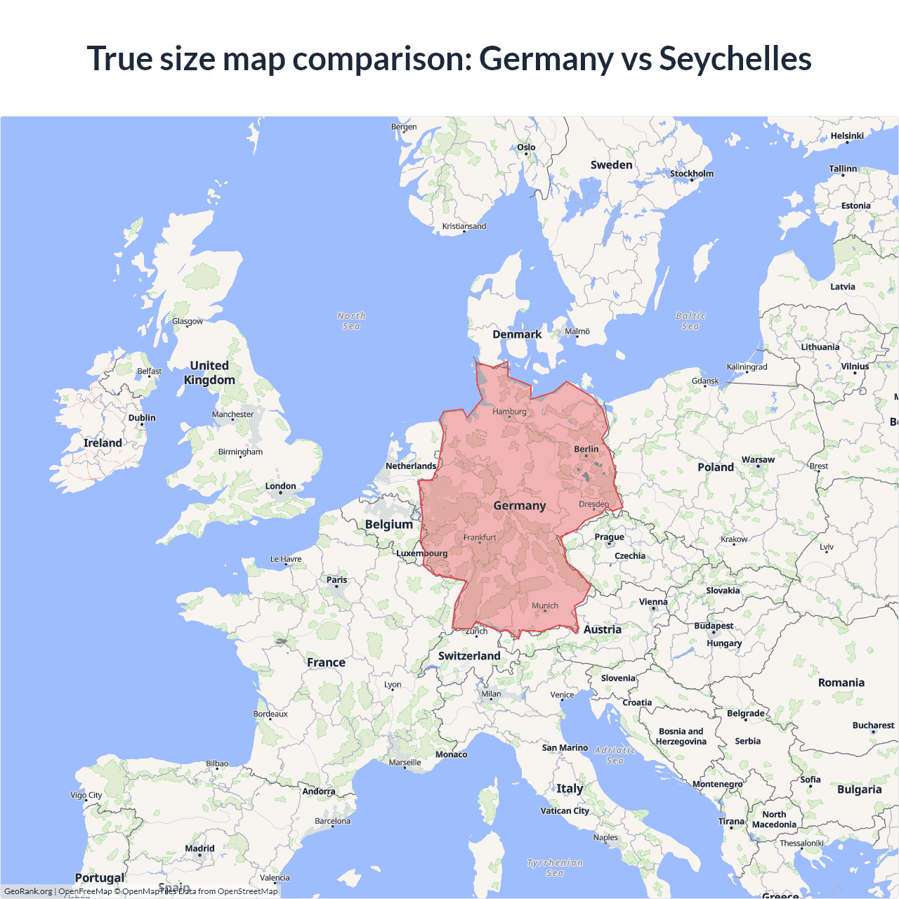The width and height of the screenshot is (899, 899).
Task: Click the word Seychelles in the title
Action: click(x=735, y=58)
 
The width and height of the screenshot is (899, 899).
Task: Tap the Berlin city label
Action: click(x=586, y=449)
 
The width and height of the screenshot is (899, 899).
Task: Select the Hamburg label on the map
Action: click(x=509, y=412)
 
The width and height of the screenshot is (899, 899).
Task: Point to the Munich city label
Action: click(x=545, y=605)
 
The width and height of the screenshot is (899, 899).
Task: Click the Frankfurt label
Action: click(x=480, y=537)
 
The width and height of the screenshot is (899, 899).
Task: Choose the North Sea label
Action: click(x=351, y=321)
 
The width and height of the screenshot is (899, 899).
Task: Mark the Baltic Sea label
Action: click(x=690, y=321)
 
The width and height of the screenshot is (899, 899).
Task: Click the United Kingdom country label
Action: click(x=209, y=373)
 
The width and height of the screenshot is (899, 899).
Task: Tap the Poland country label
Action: click(x=716, y=467)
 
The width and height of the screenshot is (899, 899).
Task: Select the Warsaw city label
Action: click(x=759, y=460)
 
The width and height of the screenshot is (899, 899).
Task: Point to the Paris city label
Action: click(x=337, y=580)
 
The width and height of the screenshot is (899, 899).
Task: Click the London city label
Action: click(x=280, y=486)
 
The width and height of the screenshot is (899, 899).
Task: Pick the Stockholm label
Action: click(x=692, y=173)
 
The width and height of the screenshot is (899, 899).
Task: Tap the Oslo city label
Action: click(x=526, y=147)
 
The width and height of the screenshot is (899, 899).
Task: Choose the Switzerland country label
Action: click(x=469, y=656)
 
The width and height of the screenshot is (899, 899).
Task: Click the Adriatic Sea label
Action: click(x=615, y=755)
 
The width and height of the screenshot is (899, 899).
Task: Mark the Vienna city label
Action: click(x=653, y=602)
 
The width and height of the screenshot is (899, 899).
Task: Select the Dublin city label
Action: click(x=142, y=418)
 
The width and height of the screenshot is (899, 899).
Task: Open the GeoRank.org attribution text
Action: click(x=28, y=891)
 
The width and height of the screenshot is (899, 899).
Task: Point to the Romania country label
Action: click(x=841, y=683)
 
